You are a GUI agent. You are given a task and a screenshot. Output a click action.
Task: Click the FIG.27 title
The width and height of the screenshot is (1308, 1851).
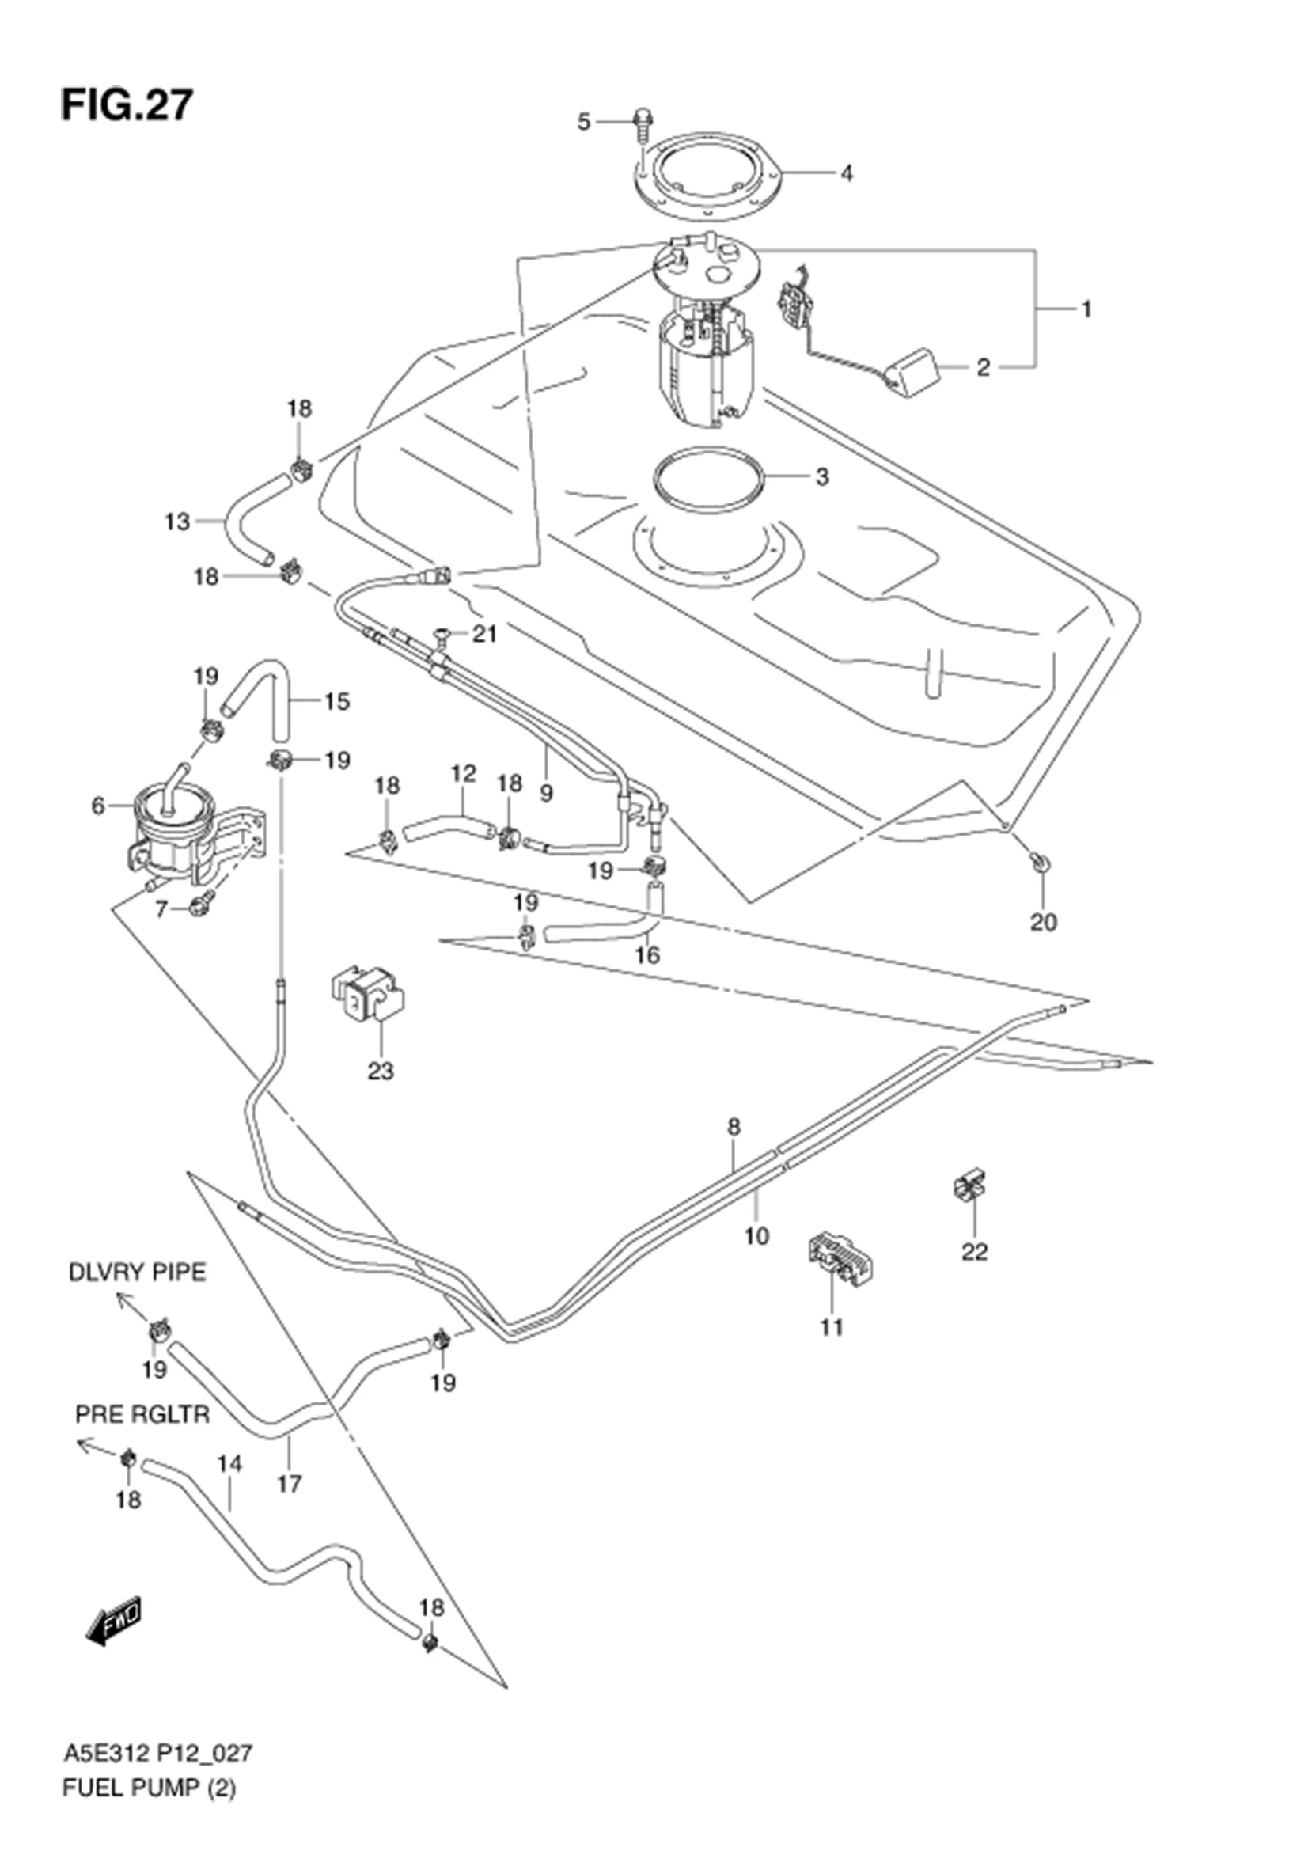(x=127, y=104)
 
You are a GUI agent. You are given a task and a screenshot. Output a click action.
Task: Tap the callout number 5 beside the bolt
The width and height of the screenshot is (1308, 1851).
(x=583, y=123)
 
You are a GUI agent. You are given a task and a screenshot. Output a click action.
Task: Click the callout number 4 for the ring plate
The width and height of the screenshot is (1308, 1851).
(x=846, y=173)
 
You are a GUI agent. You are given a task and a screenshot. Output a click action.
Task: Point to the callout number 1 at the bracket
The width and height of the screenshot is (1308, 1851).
(x=1086, y=309)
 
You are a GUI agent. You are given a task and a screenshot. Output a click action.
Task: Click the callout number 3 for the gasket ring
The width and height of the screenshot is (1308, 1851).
(x=821, y=476)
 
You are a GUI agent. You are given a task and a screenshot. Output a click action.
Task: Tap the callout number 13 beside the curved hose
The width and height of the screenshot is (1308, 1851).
(x=176, y=522)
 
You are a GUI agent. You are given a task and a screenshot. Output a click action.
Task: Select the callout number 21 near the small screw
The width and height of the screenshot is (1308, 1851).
(x=484, y=635)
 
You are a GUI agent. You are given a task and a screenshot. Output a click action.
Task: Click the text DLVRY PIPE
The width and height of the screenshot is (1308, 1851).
(x=137, y=1273)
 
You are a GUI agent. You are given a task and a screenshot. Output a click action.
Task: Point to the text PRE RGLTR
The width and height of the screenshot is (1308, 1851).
(x=142, y=1414)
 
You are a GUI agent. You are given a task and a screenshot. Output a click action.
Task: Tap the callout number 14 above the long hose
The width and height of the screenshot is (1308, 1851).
(x=229, y=1464)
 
